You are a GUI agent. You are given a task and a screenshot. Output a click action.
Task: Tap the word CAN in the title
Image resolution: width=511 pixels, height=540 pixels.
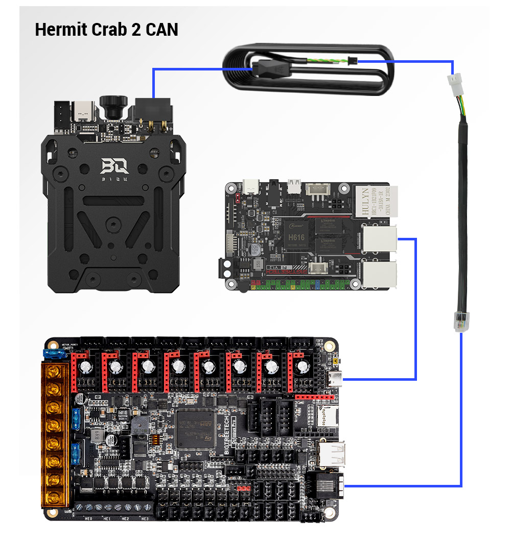(161, 30)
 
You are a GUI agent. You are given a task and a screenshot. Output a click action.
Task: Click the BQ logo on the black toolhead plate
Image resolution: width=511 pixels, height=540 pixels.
(113, 166)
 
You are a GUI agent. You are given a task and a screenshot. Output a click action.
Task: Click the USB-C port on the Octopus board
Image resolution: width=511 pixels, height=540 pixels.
(335, 379)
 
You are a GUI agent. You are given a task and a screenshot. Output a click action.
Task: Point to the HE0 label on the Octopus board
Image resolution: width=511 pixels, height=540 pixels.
(88, 519)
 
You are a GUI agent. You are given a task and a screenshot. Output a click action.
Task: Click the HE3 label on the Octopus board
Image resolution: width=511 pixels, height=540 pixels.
(145, 519)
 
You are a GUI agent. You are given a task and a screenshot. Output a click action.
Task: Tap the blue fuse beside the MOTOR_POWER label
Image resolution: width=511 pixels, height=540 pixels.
(52, 352)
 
